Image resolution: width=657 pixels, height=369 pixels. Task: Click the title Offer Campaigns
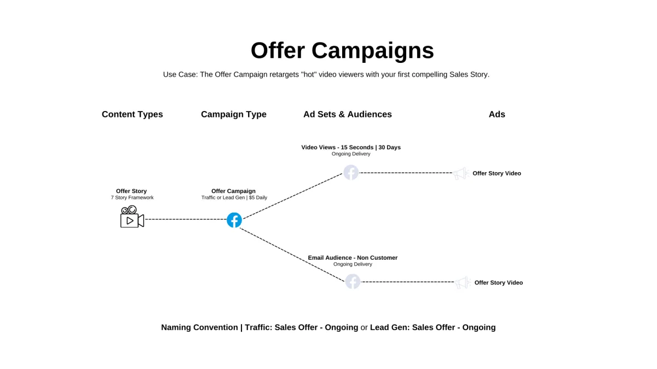(342, 50)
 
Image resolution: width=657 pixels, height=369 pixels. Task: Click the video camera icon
(132, 217)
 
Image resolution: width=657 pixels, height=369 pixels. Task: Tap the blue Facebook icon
(234, 220)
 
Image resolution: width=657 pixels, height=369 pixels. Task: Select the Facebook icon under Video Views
(351, 172)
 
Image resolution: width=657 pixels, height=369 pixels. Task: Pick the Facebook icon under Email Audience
(353, 282)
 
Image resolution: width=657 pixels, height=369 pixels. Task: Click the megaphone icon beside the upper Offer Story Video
(460, 173)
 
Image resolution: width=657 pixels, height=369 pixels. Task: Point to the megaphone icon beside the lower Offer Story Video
(463, 283)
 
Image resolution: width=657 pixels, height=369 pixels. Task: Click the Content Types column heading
(132, 114)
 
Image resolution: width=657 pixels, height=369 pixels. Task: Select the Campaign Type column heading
(233, 114)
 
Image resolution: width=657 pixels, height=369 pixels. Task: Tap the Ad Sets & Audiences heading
(347, 114)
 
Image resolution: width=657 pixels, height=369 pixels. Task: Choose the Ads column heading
(497, 114)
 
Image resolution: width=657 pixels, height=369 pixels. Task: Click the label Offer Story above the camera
(131, 191)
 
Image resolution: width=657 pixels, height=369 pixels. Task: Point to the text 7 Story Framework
(132, 197)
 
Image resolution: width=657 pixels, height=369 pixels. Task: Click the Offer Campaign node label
(233, 191)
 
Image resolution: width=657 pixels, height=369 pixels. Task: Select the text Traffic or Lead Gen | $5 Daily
(234, 197)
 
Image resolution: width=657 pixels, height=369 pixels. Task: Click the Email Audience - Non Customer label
(353, 257)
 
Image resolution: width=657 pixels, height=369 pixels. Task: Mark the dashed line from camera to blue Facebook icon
(186, 219)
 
